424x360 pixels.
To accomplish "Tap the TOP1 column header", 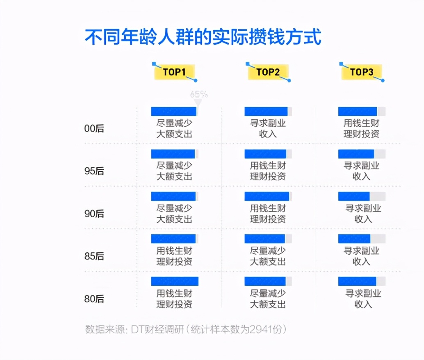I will pos(175,72).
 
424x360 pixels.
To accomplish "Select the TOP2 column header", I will pos(268,72).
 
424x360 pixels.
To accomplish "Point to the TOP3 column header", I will pos(362,72).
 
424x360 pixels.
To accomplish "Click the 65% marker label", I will pos(199,94).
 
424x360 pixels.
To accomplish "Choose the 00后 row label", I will pos(94,128).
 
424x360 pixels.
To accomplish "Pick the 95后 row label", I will pos(94,171).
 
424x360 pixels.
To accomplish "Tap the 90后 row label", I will pos(94,214).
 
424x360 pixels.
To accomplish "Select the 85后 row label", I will pos(94,256).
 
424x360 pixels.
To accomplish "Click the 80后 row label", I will pos(94,299).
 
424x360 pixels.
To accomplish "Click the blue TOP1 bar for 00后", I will pos(174,111).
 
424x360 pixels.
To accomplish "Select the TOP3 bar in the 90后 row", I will pos(354,196).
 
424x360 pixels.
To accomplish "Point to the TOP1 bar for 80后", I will pos(175,281).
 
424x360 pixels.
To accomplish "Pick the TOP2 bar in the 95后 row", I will pos(265,154).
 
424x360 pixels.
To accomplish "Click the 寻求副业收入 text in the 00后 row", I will pos(268,128).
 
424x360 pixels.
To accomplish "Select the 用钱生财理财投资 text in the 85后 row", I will pos(174,256).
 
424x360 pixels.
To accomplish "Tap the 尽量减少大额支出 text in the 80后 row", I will pos(268,299).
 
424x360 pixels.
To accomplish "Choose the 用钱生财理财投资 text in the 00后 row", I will pos(362,128).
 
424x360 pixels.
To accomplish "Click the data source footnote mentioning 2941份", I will pos(186,329).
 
